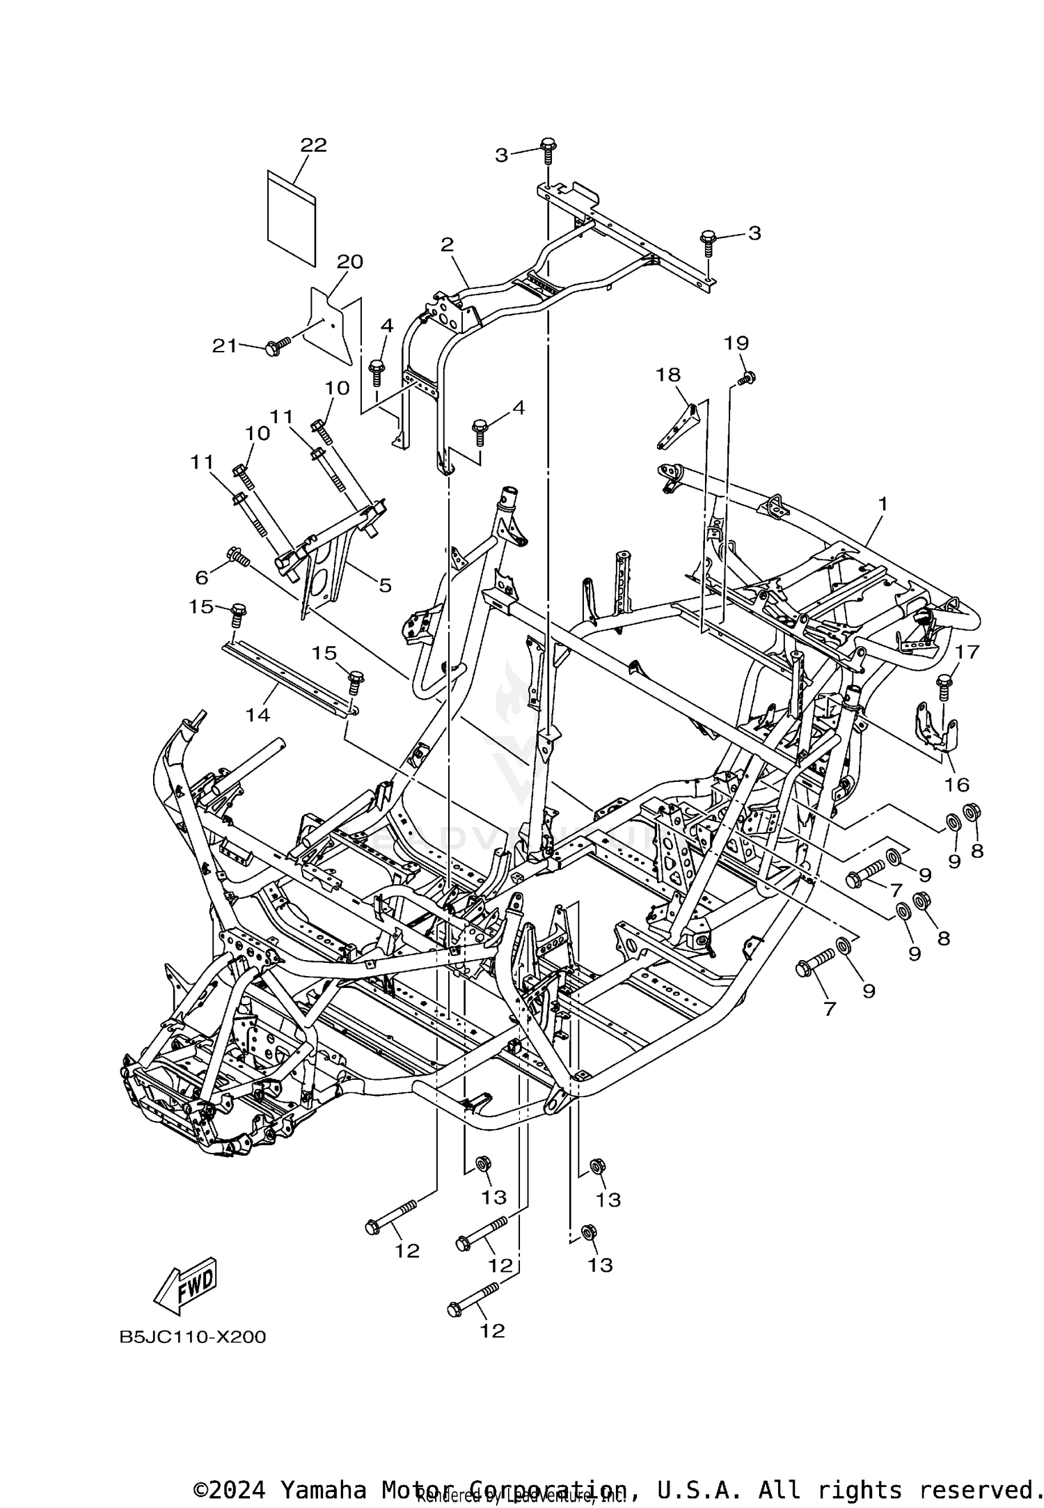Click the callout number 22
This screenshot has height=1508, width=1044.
pos(313,145)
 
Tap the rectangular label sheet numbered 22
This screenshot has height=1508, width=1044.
pos(292,217)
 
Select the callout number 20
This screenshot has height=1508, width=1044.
pos(350,262)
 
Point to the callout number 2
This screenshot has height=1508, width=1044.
pos(447,244)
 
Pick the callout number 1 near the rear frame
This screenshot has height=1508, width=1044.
pos(883,503)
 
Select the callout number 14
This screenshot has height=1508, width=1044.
pos(258,714)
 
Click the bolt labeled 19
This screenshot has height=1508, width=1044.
pos(748,378)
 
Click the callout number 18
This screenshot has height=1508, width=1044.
pos(667,375)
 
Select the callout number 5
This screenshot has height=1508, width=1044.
pos(385,585)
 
